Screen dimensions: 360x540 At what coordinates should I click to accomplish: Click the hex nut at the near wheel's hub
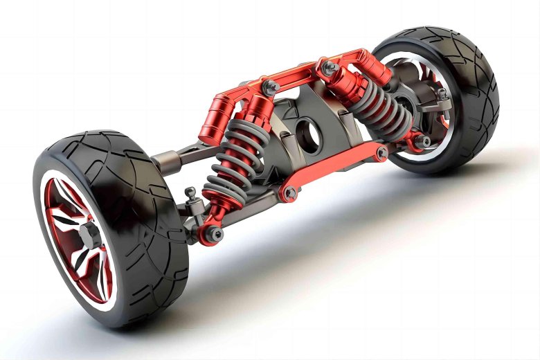tap(87, 235)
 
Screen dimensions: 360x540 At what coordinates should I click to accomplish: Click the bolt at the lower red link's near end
tap(289, 192)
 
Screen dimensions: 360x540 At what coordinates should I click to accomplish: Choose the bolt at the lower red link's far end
tap(380, 153)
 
